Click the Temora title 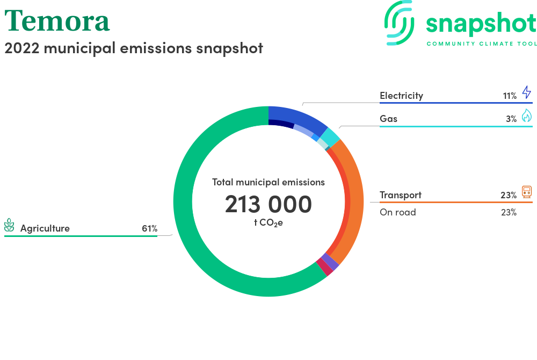[x=57, y=21]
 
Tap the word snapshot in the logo [x=481, y=24]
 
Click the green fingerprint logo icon [x=399, y=23]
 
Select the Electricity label [x=401, y=96]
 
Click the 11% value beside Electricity [x=510, y=96]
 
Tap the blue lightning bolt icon [x=527, y=92]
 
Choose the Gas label [x=388, y=119]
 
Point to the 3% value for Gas [x=511, y=119]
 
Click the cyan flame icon [x=527, y=116]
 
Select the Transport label [x=401, y=195]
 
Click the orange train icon [x=527, y=192]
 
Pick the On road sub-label [x=397, y=212]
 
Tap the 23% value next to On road [x=509, y=212]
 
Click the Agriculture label [x=45, y=228]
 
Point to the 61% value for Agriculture [x=150, y=228]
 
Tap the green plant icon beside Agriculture [x=9, y=225]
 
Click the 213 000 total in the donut [x=268, y=204]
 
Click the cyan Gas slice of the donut [x=330, y=136]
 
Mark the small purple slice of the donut [x=330, y=262]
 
